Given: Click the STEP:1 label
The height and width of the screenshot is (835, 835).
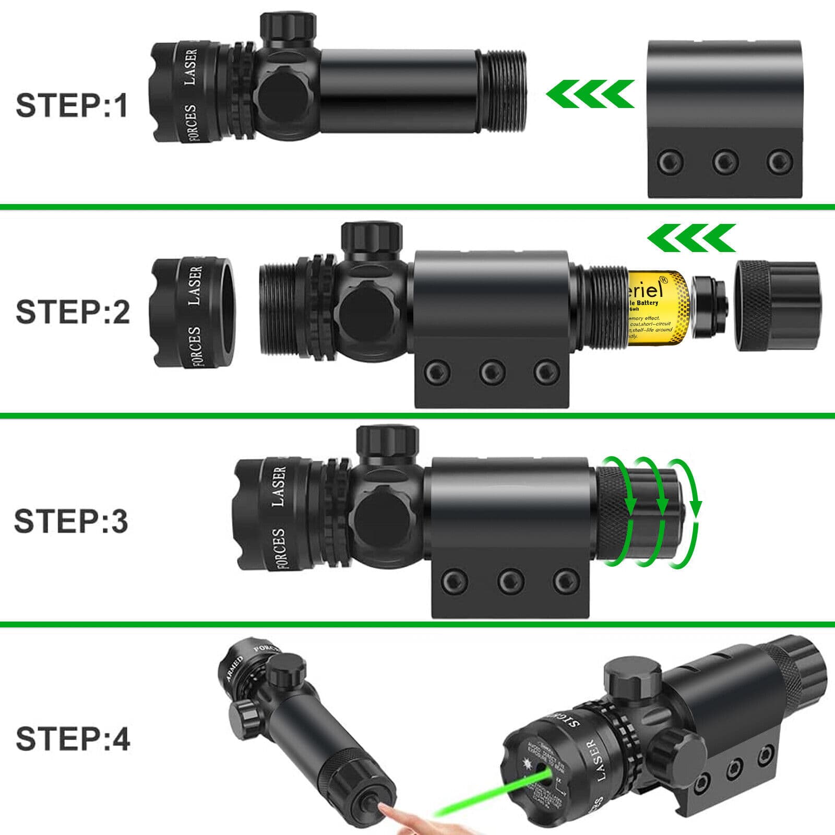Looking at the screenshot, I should point(72,105).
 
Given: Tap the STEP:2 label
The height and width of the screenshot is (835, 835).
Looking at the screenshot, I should point(73,312).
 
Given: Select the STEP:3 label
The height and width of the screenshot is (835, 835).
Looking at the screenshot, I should point(71,521).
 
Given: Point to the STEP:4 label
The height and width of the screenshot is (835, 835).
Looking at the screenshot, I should point(73,739).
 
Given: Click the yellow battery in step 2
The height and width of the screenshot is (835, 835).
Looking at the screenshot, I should point(658,308).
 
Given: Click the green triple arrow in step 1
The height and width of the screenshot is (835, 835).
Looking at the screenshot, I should point(590,94).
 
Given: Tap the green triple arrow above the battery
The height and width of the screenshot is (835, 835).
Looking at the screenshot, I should point(691,238).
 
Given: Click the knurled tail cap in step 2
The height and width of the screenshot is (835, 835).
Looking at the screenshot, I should point(778,306).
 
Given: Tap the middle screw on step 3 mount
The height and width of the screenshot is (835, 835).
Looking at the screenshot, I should point(511,580).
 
